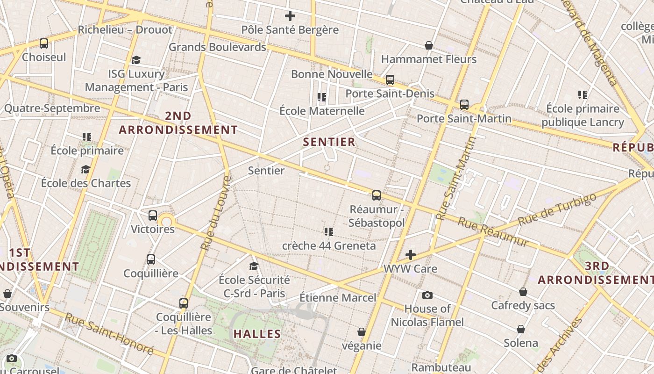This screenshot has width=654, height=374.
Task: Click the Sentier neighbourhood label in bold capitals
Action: click(x=329, y=142)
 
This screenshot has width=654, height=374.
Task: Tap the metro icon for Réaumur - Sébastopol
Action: click(x=377, y=195)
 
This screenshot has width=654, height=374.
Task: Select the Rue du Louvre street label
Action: click(x=215, y=213)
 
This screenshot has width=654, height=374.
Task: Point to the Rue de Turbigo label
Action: click(x=557, y=209)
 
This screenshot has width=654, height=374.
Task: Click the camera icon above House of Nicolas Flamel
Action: click(x=427, y=295)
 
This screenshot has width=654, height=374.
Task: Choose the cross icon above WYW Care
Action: click(x=411, y=255)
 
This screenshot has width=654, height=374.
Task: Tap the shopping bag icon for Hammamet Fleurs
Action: click(x=429, y=45)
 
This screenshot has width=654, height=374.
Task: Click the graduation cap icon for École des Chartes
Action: click(x=85, y=169)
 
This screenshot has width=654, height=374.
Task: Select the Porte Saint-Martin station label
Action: click(x=464, y=118)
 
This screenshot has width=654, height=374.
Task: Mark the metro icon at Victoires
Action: click(x=153, y=216)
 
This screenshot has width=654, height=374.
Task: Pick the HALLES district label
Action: click(x=257, y=334)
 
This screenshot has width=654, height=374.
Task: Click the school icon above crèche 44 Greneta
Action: click(x=329, y=231)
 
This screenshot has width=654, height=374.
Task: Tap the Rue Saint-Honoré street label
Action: click(x=109, y=334)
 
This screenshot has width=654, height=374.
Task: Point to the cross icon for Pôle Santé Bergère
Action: click(x=290, y=16)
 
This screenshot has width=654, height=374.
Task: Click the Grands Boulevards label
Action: click(x=217, y=47)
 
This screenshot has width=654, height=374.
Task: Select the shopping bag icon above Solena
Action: click(x=521, y=329)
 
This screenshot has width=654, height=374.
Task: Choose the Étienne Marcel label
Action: click(x=337, y=297)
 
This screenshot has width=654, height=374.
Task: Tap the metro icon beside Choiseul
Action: click(x=44, y=43)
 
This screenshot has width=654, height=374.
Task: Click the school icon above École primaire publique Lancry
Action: click(x=583, y=95)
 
